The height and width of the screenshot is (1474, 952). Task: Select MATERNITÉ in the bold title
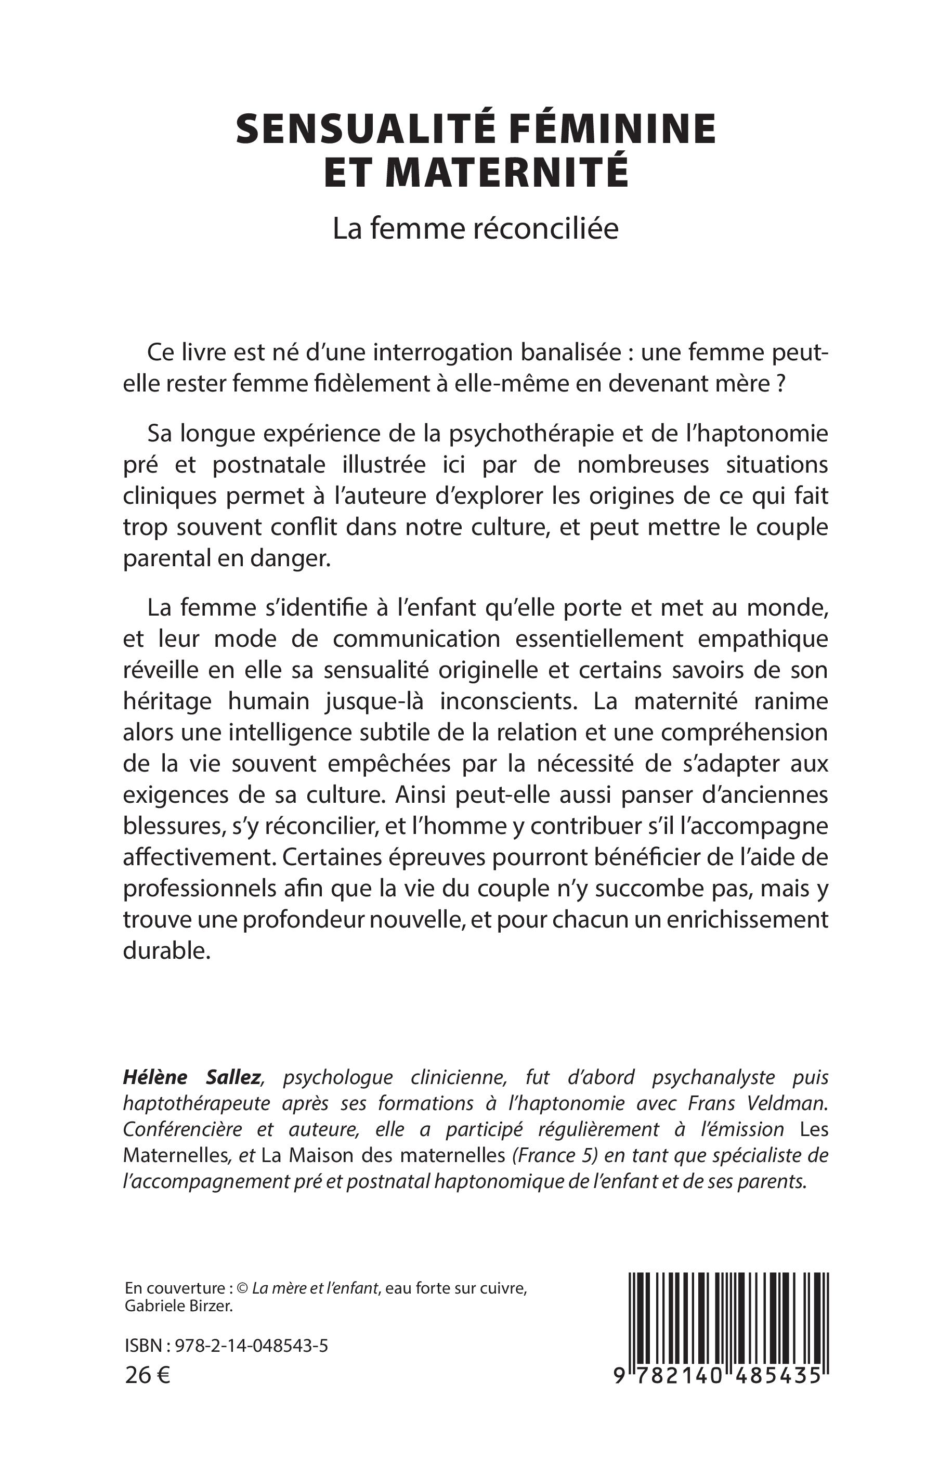coord(507,173)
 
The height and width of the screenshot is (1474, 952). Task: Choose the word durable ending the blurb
coord(167,950)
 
